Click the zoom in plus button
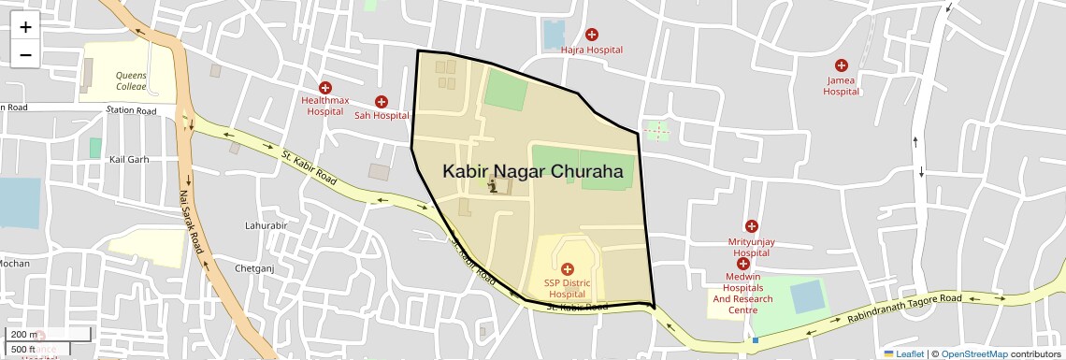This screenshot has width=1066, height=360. (x=25, y=27)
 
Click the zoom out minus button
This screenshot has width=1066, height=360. (x=25, y=54)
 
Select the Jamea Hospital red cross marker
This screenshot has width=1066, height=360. (x=842, y=65)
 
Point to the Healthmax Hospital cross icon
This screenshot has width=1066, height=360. (x=325, y=87)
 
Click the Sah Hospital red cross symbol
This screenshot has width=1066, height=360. (x=382, y=101)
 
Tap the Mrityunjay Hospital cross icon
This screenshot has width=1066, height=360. (x=751, y=226)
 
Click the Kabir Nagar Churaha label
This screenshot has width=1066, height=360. (x=532, y=172)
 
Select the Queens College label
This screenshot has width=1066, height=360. (x=132, y=80)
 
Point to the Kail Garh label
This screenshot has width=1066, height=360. (x=129, y=159)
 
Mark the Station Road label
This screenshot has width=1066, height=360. (x=132, y=110)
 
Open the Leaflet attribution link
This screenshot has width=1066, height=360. (x=903, y=353)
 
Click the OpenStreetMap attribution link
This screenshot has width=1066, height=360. (x=973, y=353)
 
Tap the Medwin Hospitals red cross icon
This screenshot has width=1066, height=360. (x=743, y=264)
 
